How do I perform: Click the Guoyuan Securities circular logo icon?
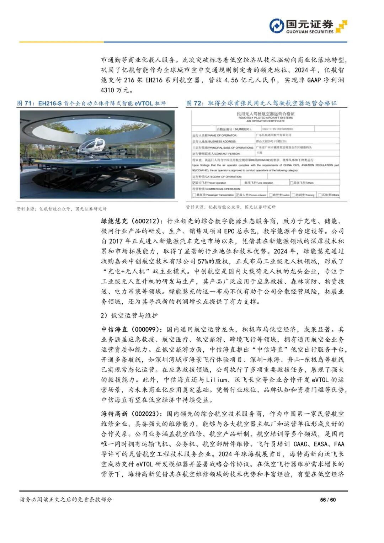click(277, 26)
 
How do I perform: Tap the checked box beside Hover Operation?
click(194, 183)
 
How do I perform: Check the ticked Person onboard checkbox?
click(238, 195)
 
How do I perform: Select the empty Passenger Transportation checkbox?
click(194, 195)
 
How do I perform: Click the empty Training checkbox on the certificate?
click(294, 195)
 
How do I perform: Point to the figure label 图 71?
click(25, 103)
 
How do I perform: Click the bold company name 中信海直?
click(114, 330)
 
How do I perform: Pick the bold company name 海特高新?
click(114, 414)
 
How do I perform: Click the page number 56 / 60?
click(328, 500)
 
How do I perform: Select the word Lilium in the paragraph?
click(217, 380)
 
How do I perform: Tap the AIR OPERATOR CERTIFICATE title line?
click(266, 121)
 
